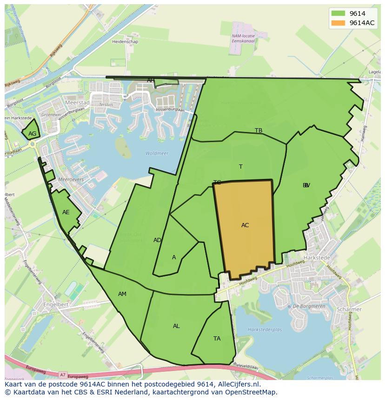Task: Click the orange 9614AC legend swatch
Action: coord(339,23)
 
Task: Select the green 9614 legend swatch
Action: coord(339,13)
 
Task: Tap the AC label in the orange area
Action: coord(245,225)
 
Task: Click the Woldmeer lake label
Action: coord(157,153)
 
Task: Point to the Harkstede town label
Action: coord(316,257)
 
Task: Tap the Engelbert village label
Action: coord(56,304)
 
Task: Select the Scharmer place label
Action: coord(363,309)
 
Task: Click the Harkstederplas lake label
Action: coord(265,330)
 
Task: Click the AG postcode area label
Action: coord(32,134)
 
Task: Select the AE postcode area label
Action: coord(66,212)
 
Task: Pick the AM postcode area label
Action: coord(122,294)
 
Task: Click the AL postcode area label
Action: coord(176,326)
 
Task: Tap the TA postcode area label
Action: coord(217,339)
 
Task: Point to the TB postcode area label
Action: coord(259,131)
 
